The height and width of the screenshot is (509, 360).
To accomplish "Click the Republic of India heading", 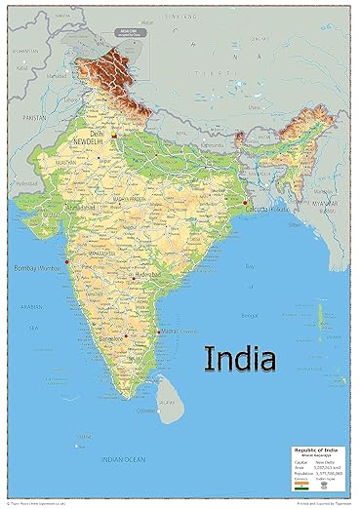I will [318, 450].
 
